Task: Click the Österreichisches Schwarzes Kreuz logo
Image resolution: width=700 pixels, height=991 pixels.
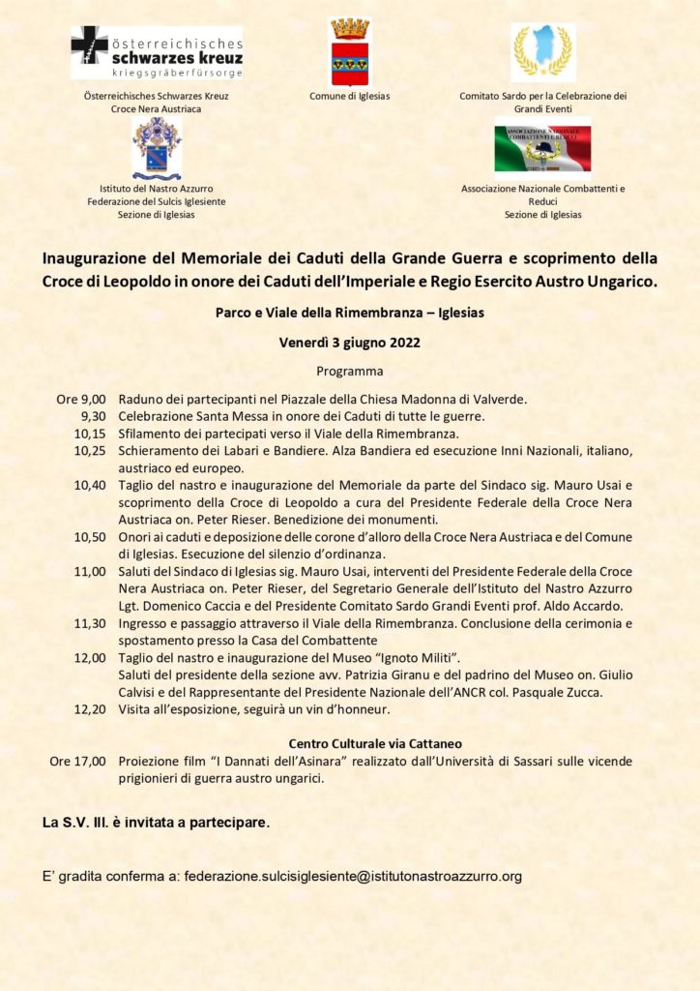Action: (156, 52)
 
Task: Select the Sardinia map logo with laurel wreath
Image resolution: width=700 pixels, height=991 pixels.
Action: (542, 52)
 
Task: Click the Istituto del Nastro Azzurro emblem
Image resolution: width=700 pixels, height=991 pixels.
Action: (156, 148)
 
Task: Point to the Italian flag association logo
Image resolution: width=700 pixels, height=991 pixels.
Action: (542, 145)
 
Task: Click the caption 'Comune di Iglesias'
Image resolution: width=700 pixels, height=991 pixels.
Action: (349, 96)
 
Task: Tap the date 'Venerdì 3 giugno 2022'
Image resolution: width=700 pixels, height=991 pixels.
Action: (349, 343)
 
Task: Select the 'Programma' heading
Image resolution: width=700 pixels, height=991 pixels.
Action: (349, 371)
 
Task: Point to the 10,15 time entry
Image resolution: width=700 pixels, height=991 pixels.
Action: (90, 434)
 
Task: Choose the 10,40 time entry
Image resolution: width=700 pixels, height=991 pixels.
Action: (90, 485)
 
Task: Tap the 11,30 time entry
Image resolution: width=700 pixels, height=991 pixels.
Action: (90, 624)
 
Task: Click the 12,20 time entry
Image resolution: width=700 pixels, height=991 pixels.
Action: (90, 709)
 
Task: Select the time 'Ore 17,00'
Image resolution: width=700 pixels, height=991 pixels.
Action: (77, 762)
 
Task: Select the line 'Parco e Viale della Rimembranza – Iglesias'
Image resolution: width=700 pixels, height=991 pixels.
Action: (349, 314)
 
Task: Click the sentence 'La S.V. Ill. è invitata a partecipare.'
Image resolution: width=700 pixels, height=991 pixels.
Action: (156, 823)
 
